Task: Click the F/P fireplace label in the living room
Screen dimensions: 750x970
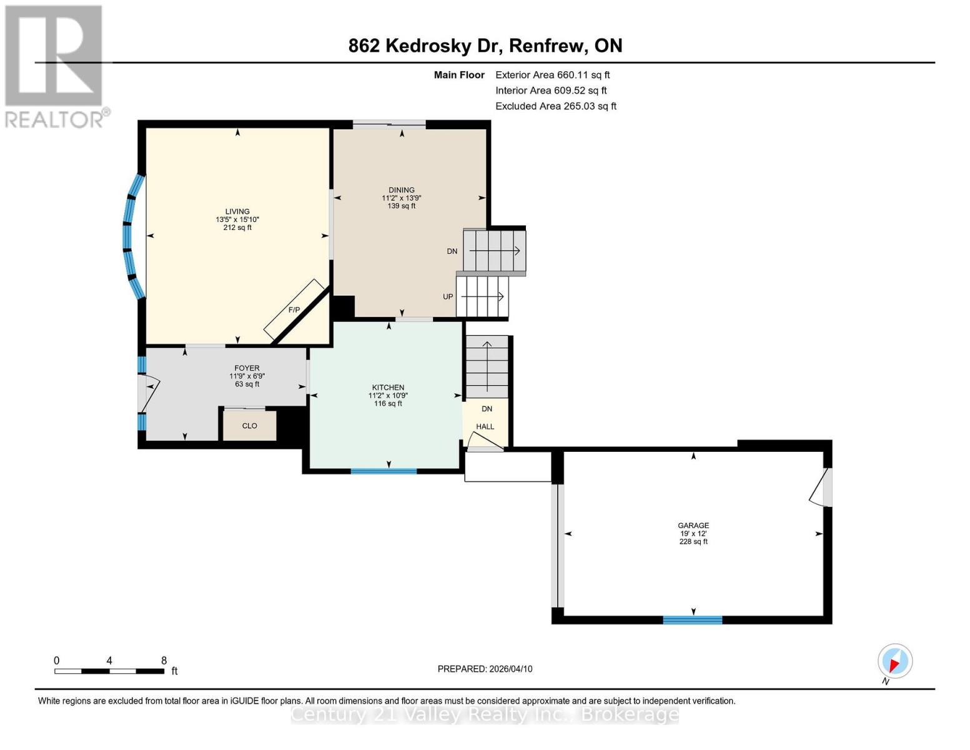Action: pyautogui.click(x=294, y=310)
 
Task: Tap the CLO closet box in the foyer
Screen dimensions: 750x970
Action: pyautogui.click(x=250, y=426)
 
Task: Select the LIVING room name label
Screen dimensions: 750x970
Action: pyautogui.click(x=237, y=211)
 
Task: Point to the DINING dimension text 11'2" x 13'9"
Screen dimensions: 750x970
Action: pyautogui.click(x=402, y=198)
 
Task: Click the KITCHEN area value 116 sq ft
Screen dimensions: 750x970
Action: pyautogui.click(x=388, y=404)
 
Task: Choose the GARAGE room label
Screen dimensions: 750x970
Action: pyautogui.click(x=693, y=526)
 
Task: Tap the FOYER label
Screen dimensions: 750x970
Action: pyautogui.click(x=247, y=368)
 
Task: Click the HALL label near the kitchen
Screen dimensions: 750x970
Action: pyautogui.click(x=485, y=427)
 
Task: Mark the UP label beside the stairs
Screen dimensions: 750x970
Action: pyautogui.click(x=448, y=296)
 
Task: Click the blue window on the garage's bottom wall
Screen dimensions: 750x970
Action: pyautogui.click(x=692, y=620)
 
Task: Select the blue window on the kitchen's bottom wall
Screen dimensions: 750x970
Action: pyautogui.click(x=384, y=471)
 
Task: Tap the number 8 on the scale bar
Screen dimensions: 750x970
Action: pyautogui.click(x=164, y=660)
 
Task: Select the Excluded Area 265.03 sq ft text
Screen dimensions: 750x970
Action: pyautogui.click(x=556, y=106)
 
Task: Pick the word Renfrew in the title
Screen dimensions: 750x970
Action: pyautogui.click(x=548, y=46)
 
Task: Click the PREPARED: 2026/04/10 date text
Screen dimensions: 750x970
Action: pyautogui.click(x=485, y=669)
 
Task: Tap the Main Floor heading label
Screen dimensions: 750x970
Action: pyautogui.click(x=459, y=75)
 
